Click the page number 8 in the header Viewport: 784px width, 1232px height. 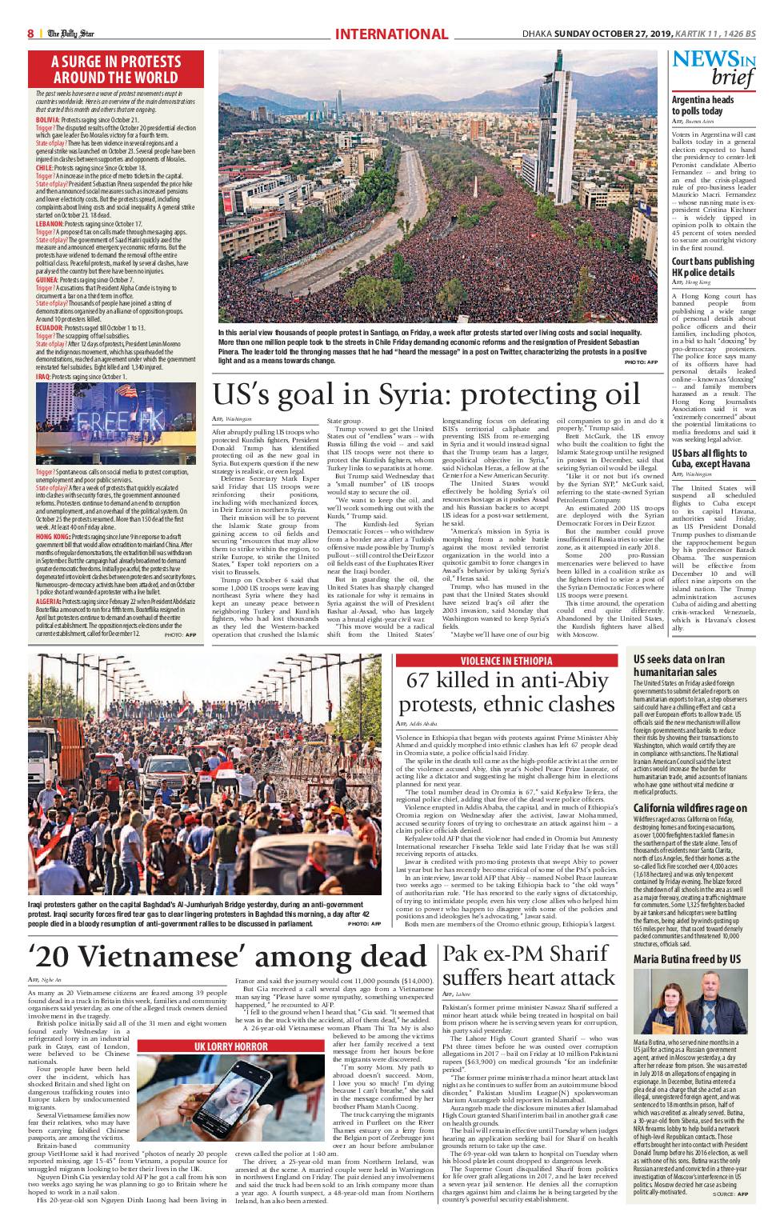30,34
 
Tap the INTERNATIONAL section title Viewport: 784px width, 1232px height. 391,34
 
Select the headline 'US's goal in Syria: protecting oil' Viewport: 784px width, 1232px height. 426,395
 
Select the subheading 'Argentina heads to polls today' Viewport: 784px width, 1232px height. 703,105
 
